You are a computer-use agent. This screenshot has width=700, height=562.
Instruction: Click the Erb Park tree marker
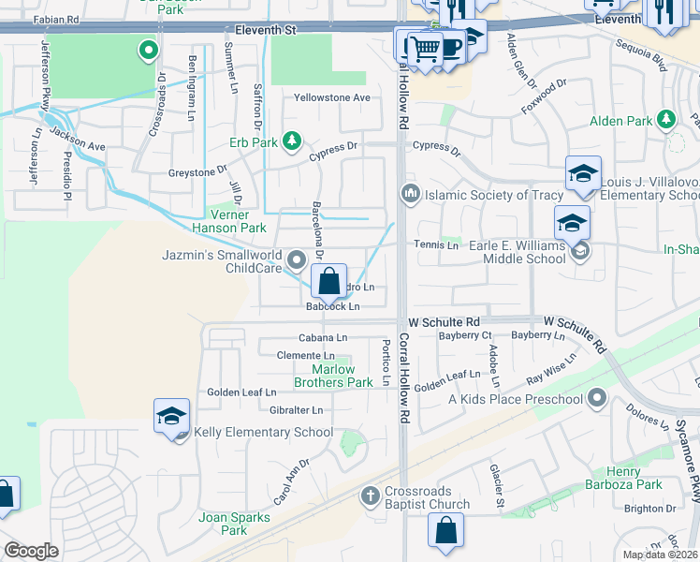click(292, 141)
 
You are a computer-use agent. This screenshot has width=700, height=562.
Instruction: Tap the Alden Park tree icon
click(666, 120)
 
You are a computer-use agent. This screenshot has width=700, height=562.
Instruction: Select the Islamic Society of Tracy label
click(482, 195)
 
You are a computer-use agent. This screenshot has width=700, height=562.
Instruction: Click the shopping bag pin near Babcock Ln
click(329, 280)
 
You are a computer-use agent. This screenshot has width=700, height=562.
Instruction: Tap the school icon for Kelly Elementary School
click(172, 416)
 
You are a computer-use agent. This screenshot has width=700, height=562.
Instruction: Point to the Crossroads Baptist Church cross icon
click(370, 494)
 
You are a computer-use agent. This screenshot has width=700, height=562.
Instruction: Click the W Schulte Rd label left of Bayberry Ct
click(443, 321)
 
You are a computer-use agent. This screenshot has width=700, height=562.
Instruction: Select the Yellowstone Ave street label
click(332, 97)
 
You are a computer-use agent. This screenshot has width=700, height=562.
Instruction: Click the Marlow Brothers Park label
click(333, 376)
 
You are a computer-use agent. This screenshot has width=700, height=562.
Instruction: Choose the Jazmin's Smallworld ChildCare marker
click(298, 258)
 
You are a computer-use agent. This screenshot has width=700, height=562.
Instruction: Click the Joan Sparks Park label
click(222, 524)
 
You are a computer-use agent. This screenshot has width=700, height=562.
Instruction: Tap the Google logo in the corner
click(31, 551)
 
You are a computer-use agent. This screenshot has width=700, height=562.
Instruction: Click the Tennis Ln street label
click(436, 245)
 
